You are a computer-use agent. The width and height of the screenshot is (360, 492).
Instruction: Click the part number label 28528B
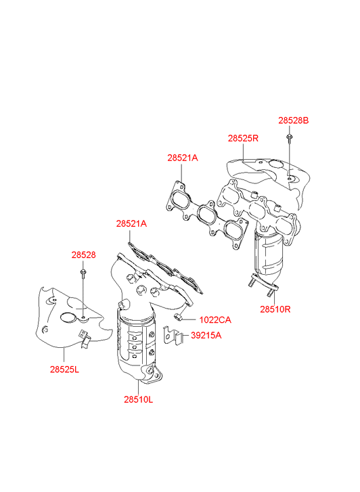(294, 120)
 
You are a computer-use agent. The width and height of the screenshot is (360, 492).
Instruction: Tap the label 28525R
(243, 138)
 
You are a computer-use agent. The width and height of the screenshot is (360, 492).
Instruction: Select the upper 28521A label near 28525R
(183, 158)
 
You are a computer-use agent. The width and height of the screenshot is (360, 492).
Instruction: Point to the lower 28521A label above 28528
(131, 224)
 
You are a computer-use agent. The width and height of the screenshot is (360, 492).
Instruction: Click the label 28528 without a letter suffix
(83, 255)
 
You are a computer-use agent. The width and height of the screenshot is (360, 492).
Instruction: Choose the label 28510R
(275, 309)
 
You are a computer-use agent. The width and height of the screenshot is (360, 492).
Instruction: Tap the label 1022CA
(215, 320)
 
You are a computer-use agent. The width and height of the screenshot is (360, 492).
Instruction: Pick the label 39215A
(206, 336)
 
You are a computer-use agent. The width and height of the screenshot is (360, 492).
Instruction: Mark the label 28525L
(64, 370)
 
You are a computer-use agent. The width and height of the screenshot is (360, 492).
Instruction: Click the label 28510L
(139, 400)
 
